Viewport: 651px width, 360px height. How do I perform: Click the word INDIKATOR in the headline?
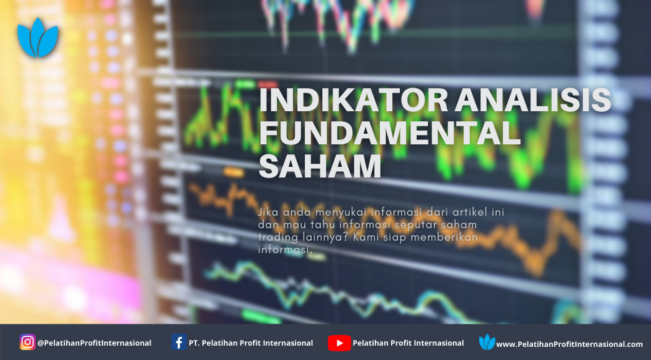coord(354,100)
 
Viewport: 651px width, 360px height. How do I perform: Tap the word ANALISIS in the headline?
coord(533,100)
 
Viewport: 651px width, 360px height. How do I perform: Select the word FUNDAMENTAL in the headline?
coord(389,133)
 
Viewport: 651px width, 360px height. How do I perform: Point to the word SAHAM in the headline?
coord(320,166)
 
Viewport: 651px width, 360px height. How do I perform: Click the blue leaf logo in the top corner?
coord(37,37)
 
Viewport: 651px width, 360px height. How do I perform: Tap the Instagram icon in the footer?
coord(27,342)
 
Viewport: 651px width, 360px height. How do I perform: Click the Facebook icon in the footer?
coord(179,342)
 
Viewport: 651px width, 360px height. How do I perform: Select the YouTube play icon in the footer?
coord(339,343)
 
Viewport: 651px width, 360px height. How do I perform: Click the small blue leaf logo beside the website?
coord(487,342)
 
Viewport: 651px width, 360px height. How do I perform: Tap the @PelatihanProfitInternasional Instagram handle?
coord(94,343)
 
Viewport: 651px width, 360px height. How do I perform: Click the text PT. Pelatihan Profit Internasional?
coord(251,343)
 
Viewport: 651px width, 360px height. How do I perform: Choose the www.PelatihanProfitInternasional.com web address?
coord(569,344)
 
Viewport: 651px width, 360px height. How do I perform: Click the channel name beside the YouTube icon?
coord(408,343)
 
